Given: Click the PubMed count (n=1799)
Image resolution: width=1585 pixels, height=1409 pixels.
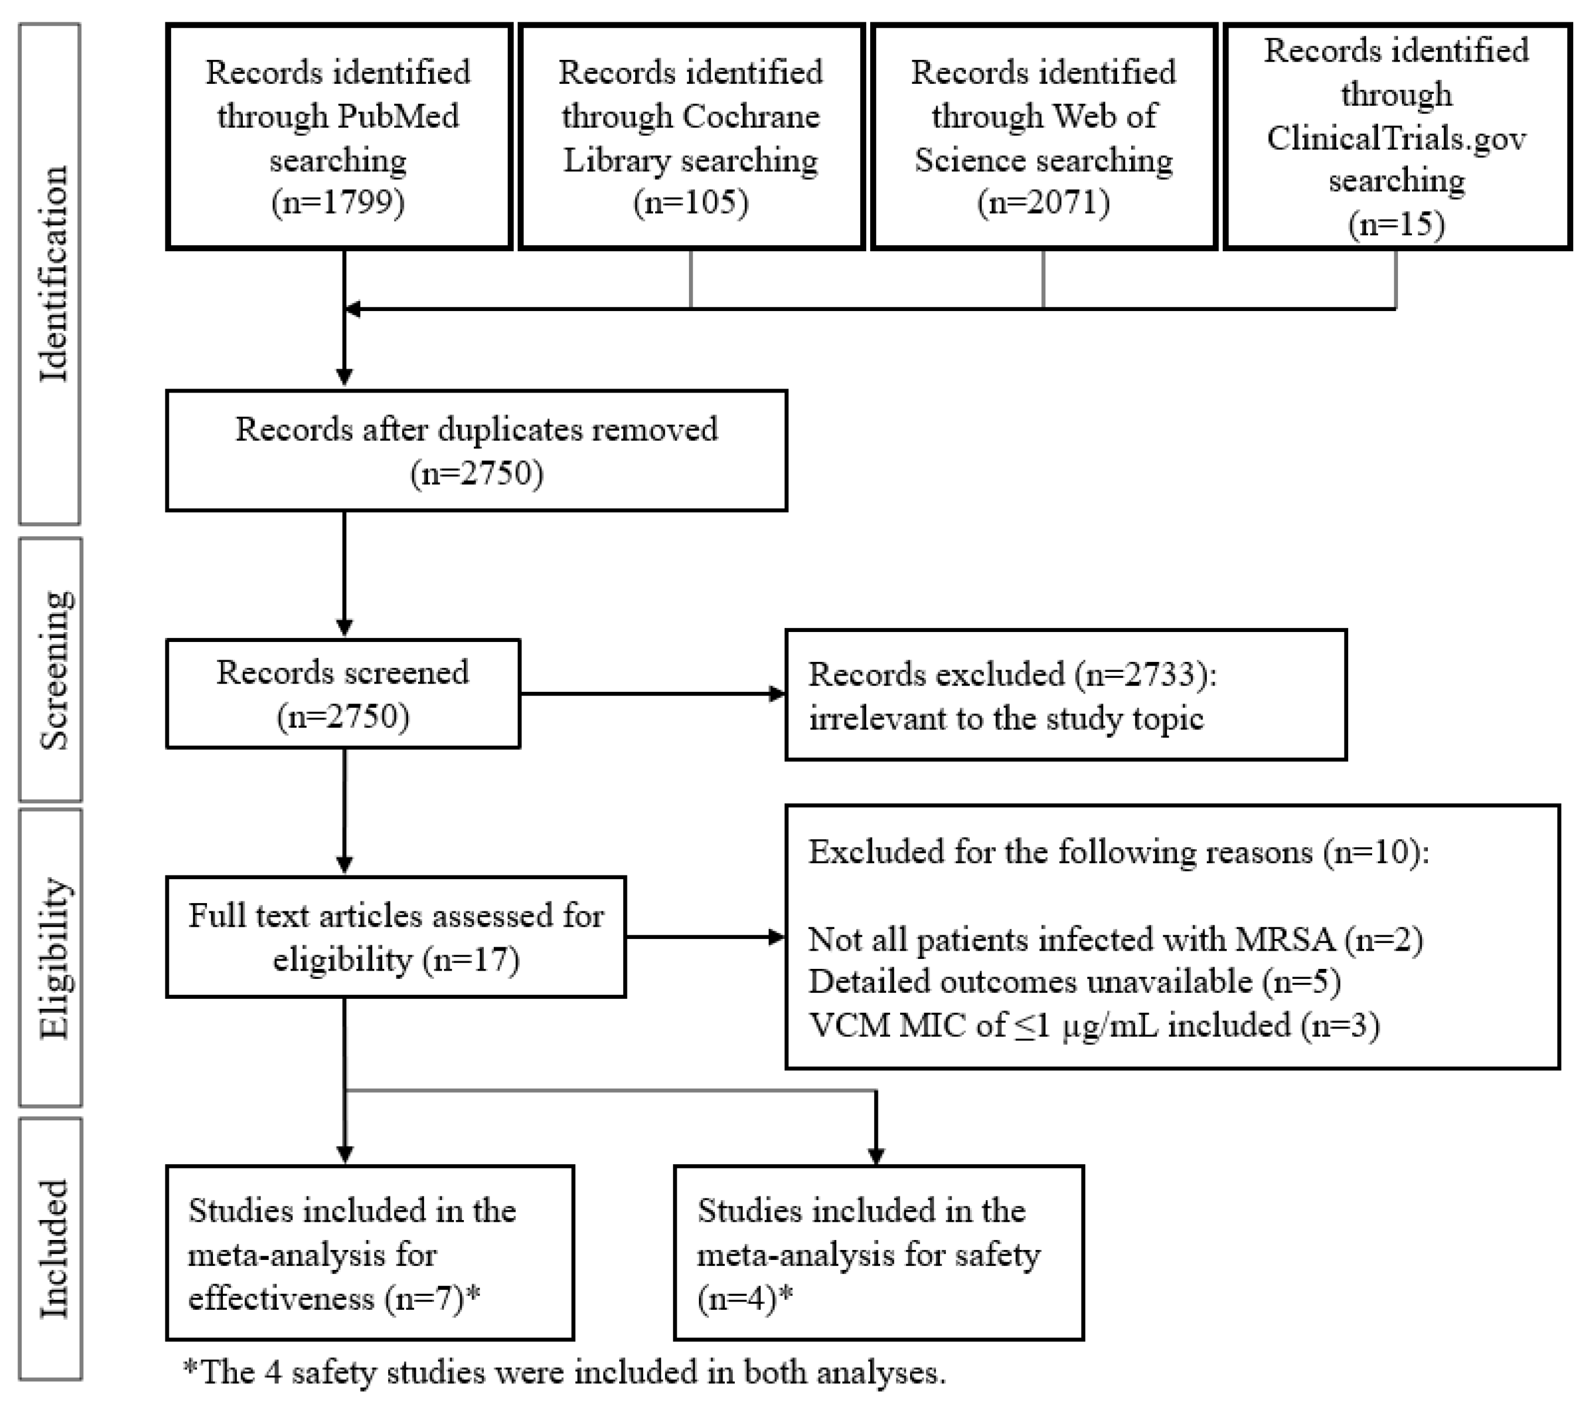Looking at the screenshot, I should pyautogui.click(x=338, y=203).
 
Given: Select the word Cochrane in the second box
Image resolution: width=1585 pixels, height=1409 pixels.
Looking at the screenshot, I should pyautogui.click(x=751, y=116).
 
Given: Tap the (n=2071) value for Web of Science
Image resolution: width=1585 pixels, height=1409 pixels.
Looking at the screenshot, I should pyautogui.click(x=1043, y=203).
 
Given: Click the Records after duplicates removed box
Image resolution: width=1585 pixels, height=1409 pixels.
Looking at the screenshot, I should pyautogui.click(x=476, y=451).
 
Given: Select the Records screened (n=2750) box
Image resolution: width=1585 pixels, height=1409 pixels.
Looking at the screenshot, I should pyautogui.click(x=343, y=694).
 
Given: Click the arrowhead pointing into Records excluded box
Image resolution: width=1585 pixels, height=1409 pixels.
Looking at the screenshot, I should pyautogui.click(x=776, y=694).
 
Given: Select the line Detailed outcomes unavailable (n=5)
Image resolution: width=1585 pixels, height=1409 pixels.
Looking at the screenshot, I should pyautogui.click(x=1074, y=982).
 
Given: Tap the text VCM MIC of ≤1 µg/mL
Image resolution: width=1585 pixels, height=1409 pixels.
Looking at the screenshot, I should pyautogui.click(x=985, y=1026).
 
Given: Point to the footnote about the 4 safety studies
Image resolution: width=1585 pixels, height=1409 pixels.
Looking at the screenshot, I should pyautogui.click(x=565, y=1373).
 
